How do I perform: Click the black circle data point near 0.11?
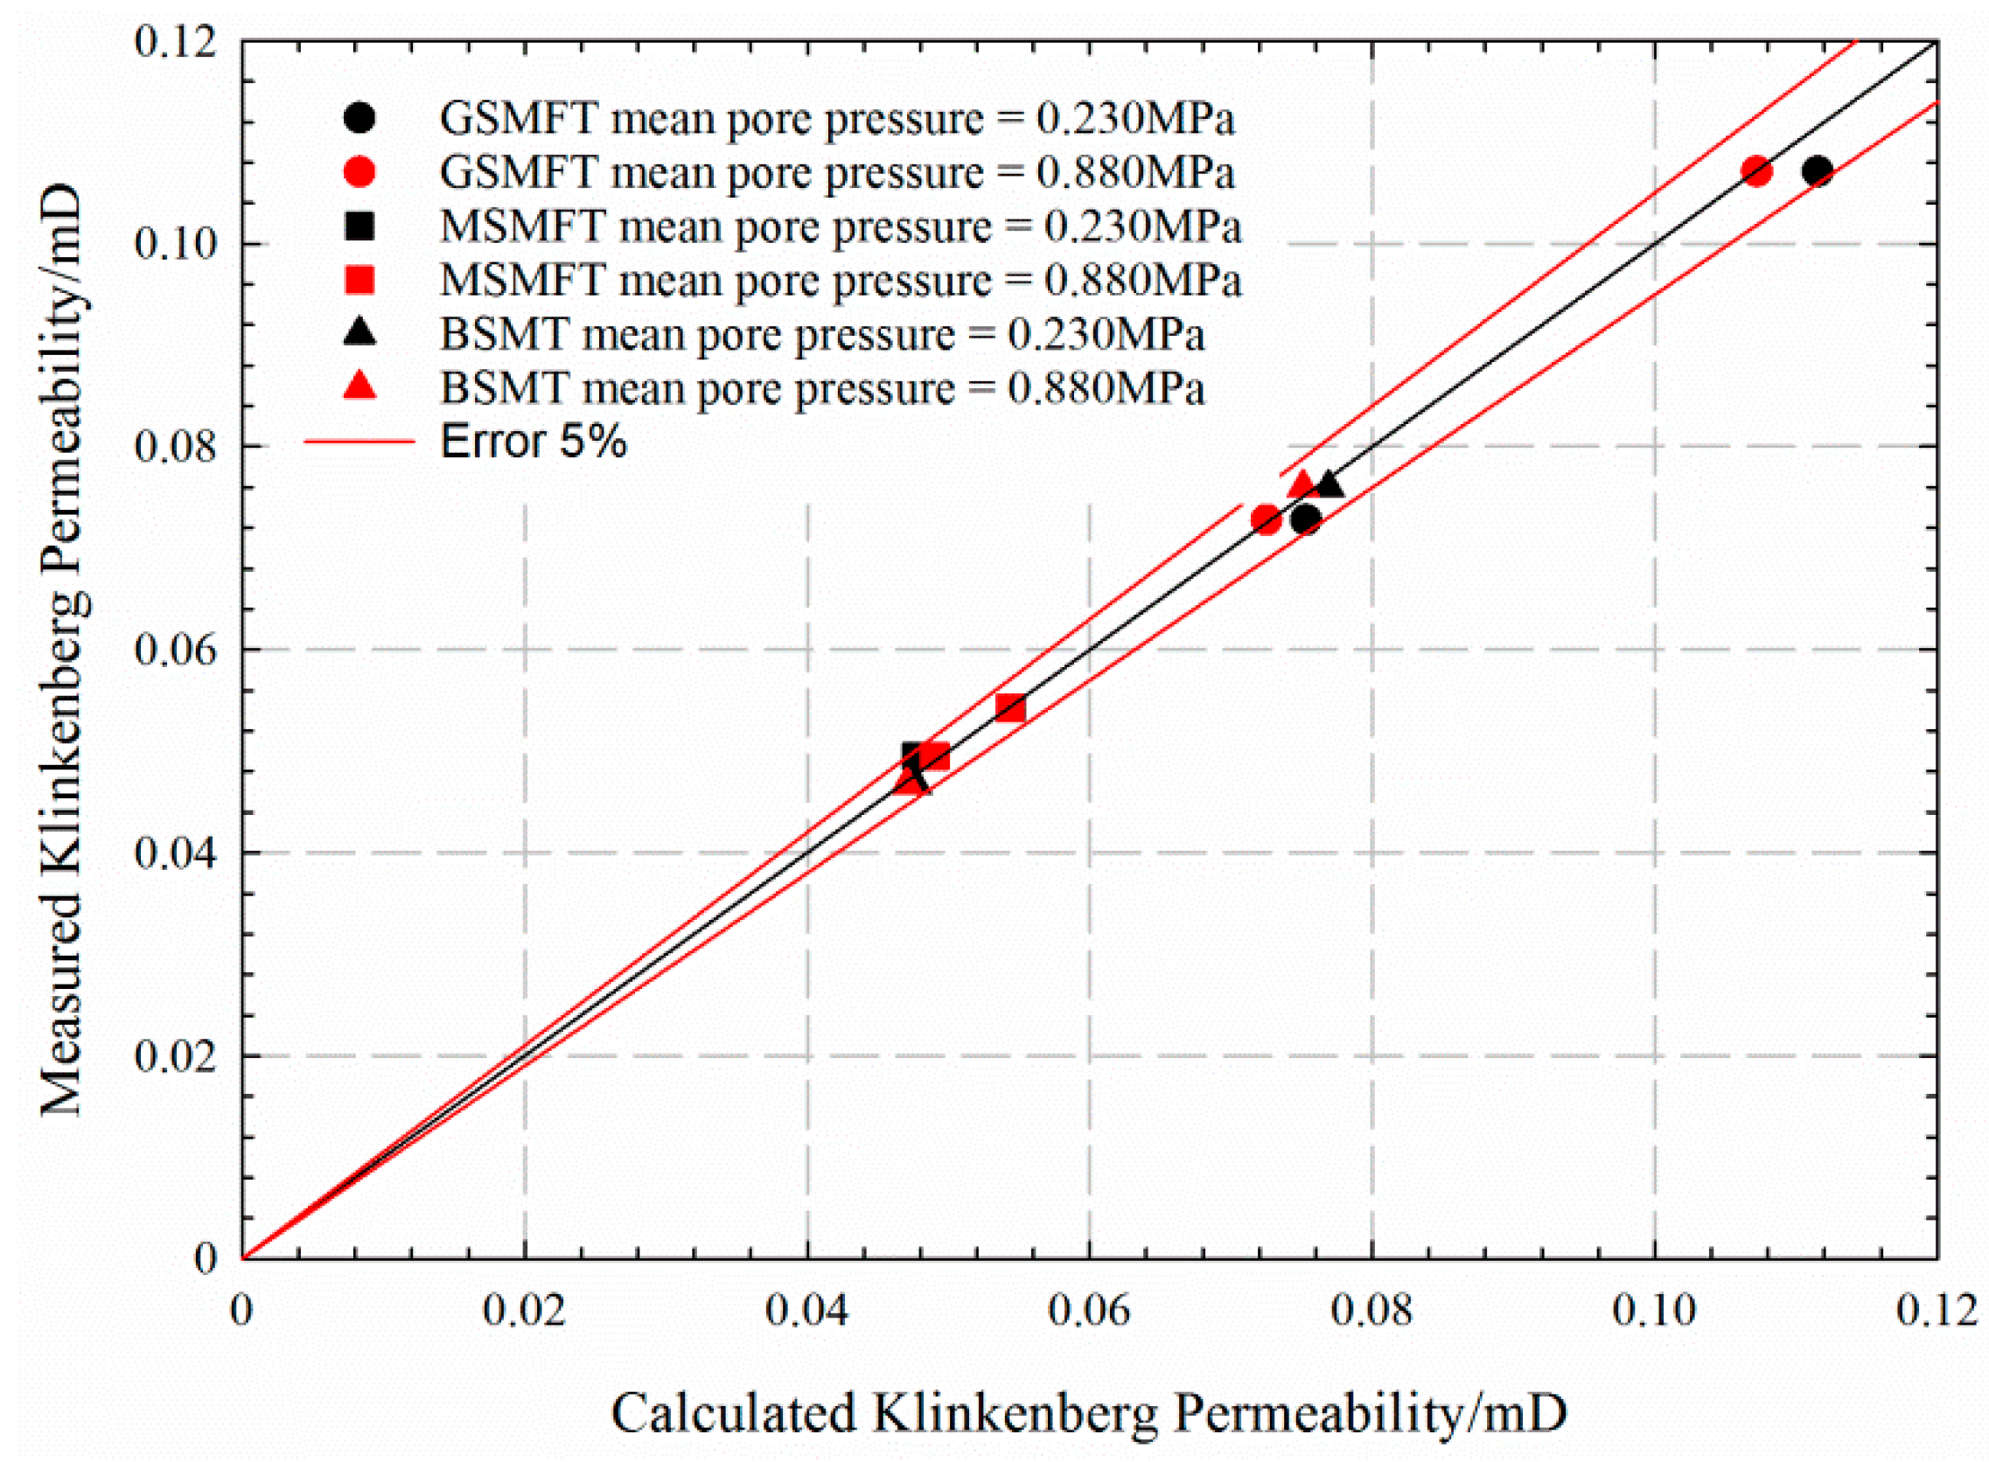coord(1818,171)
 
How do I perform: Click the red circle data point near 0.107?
coord(1756,171)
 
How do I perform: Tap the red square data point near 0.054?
coord(1010,707)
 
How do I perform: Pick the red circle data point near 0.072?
coord(1267,519)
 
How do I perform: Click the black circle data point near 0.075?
coord(1306,519)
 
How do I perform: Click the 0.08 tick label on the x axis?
coord(1371,1311)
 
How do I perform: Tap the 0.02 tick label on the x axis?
coord(524,1311)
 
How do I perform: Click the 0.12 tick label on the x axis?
coord(1936,1311)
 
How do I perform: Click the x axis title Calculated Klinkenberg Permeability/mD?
coord(1088,1411)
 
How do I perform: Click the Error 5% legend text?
coord(533,440)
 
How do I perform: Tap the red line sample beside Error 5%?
coord(359,440)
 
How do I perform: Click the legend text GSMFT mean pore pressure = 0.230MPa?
coord(836,119)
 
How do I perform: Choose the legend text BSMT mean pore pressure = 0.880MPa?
coord(822,387)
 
